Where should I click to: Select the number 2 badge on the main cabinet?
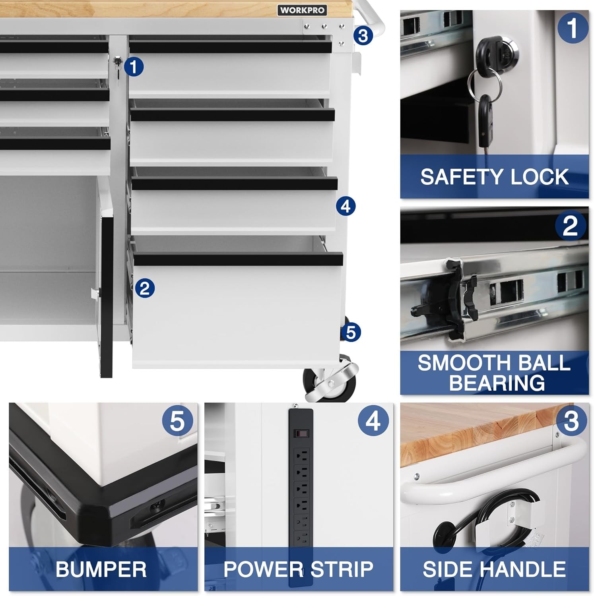click(145, 288)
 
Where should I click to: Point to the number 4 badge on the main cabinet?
click(345, 206)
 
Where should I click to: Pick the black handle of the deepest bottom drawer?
click(238, 259)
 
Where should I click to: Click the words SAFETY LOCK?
click(494, 177)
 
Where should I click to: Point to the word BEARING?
click(497, 383)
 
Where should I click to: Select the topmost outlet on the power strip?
click(301, 453)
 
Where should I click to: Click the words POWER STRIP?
click(298, 569)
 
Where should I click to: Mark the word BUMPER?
click(101, 569)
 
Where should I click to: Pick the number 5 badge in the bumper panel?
click(177, 421)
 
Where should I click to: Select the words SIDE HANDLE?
click(494, 569)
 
